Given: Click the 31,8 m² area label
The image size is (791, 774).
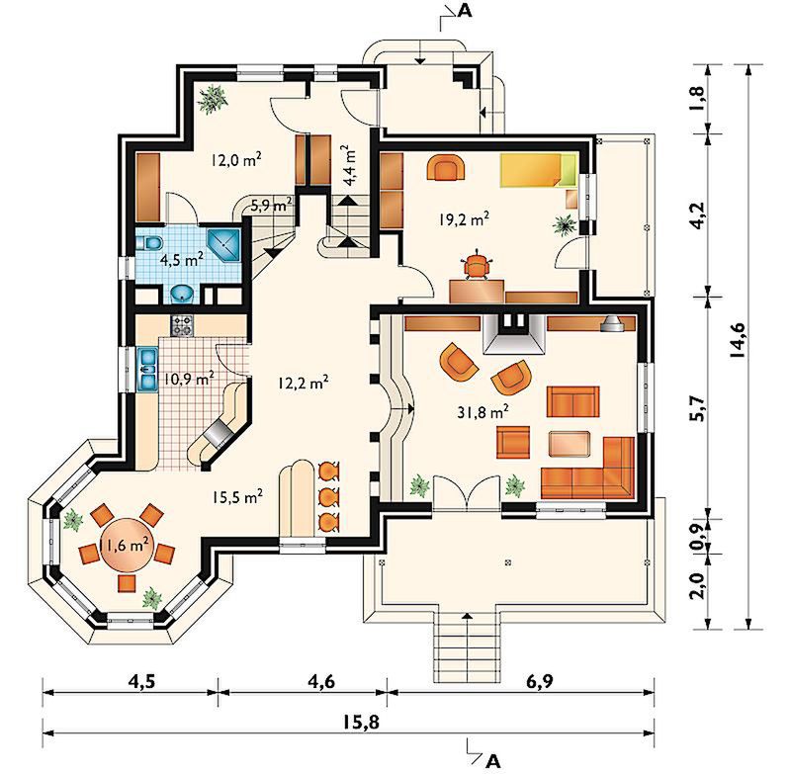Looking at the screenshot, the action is (483, 412).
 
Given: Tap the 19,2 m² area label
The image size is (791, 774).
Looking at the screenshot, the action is (463, 219).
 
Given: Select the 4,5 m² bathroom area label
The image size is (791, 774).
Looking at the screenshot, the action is (182, 260).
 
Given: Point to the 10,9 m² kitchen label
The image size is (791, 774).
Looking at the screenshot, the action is (189, 379).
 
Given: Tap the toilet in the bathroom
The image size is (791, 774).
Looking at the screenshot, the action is (148, 244).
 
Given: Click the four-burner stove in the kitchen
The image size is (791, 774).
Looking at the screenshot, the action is (182, 325).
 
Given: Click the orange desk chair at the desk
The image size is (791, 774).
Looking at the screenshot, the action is (477, 266).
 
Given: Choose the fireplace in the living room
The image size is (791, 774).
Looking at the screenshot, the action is (513, 334).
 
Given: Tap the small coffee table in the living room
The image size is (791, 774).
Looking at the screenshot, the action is (570, 444).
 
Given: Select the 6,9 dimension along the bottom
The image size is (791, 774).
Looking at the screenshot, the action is (539, 681).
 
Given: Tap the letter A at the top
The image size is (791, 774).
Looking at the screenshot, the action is (465, 11).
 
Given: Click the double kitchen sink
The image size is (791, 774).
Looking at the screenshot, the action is (147, 370).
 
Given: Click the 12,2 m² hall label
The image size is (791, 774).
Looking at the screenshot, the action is (304, 384).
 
